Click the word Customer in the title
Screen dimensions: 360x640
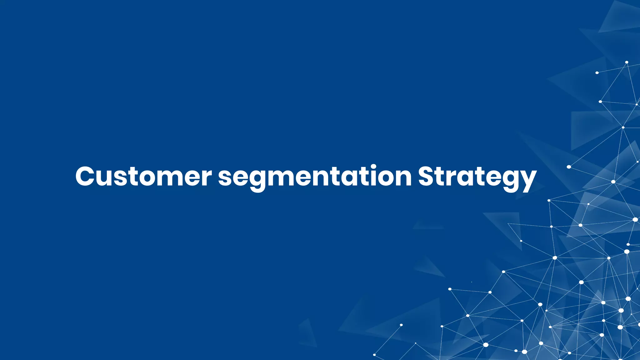pyautogui.click(x=143, y=177)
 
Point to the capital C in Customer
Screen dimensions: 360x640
pyautogui.click(x=85, y=177)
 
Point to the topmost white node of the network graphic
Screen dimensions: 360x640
pyautogui.click(x=627, y=62)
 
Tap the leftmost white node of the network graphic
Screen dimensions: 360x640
pyautogui.click(x=374, y=355)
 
